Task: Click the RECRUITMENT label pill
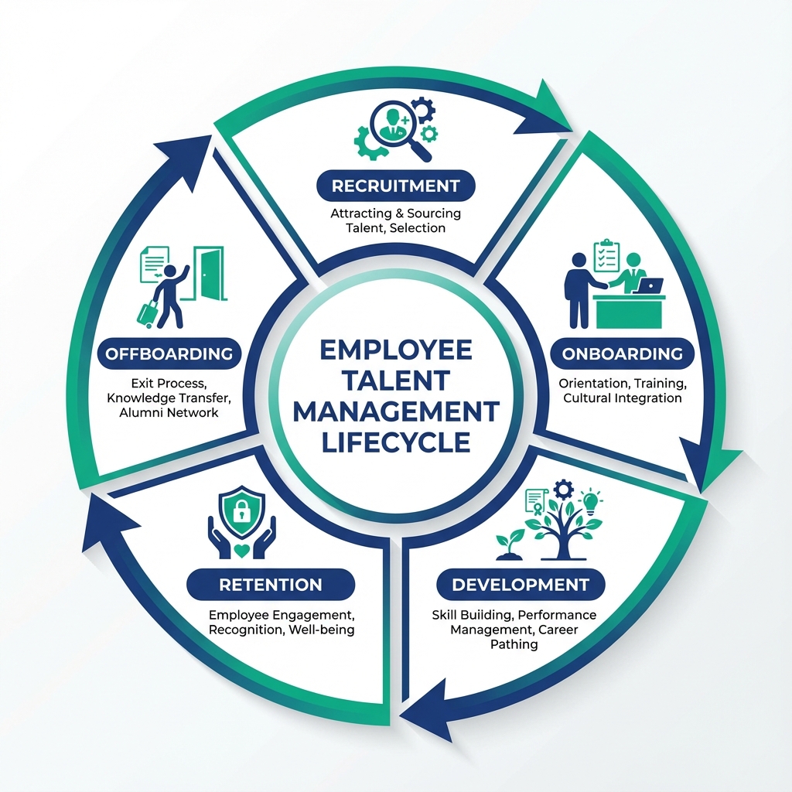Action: [395, 186]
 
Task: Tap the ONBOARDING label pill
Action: [622, 353]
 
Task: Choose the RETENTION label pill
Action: [270, 585]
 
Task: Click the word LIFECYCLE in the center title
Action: [395, 442]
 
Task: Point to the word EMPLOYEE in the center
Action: [395, 350]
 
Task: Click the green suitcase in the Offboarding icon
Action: [146, 312]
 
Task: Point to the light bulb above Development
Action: [592, 504]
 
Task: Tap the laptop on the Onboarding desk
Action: [647, 286]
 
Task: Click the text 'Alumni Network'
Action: [169, 412]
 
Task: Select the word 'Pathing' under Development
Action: [514, 643]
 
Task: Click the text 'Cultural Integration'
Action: [622, 398]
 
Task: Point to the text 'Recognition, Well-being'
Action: [282, 630]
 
